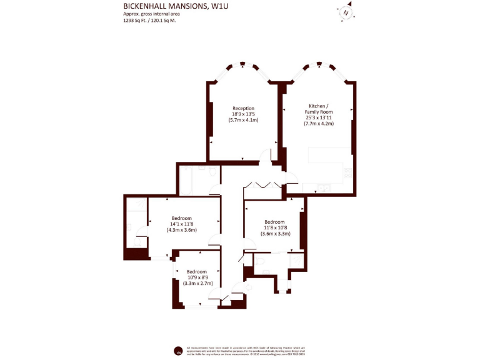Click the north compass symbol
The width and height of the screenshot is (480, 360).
pos(346,12)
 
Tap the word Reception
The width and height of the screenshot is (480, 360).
pos(243,108)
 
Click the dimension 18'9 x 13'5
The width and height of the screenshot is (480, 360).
pos(243,114)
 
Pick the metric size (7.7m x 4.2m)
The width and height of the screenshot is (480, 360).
pos(319,123)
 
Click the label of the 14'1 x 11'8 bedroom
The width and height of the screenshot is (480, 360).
pos(181,218)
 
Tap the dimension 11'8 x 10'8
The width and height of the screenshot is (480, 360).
pos(274,227)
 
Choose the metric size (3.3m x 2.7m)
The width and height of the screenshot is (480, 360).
pos(197,283)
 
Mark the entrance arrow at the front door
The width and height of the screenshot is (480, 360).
pos(248,287)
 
